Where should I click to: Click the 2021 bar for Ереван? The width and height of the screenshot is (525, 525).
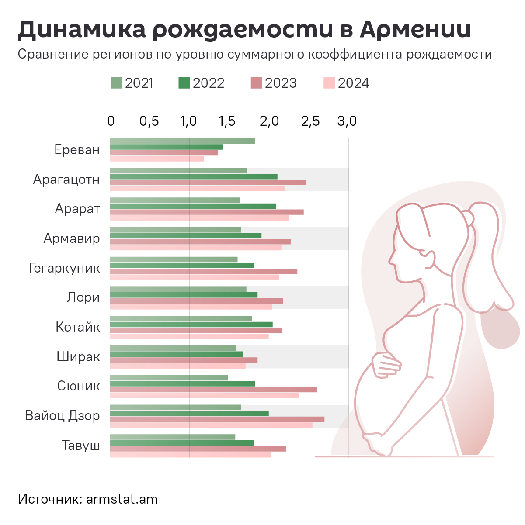coord(182,141)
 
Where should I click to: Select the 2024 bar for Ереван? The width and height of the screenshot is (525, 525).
coord(157,159)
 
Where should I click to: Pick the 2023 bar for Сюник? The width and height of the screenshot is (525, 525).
coord(213,390)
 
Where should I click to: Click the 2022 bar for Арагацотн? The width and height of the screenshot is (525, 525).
coord(193,176)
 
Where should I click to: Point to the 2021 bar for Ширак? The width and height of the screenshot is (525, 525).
coord(173,348)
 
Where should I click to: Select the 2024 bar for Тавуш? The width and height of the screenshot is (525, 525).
coord(190,455)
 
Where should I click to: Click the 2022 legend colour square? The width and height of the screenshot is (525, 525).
coord(184,83)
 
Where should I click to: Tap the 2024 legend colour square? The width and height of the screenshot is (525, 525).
coord(329,83)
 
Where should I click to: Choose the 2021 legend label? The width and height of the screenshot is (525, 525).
coord(139,83)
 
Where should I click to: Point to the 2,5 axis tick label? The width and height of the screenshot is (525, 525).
coord(310,121)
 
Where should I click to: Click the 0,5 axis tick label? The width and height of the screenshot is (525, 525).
coord(149,121)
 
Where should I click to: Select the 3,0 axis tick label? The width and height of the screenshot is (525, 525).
coord(347,121)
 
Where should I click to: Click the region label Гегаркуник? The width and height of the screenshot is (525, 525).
coord(65,268)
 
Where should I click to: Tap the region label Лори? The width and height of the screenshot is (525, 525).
coord(83,297)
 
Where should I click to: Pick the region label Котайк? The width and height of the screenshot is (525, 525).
coord(78,327)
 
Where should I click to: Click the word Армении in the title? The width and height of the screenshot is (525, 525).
coord(416,29)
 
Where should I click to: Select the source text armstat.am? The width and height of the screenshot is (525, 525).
coord(122,499)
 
